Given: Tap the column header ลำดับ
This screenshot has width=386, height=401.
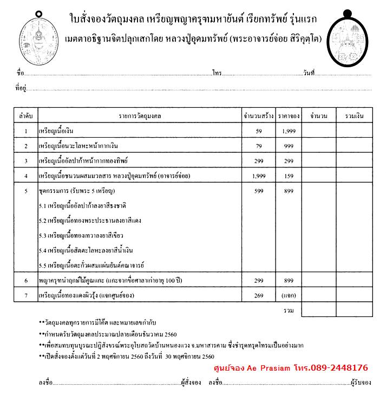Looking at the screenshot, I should [25, 116].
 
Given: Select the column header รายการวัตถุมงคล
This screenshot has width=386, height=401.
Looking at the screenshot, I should [140, 116].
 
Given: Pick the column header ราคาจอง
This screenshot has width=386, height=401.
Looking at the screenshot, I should [289, 116].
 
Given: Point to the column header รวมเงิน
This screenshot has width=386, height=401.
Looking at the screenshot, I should [354, 116].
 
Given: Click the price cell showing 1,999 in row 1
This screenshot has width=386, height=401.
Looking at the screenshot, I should [289, 131].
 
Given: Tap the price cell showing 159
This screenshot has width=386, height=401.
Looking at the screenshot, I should [289, 176].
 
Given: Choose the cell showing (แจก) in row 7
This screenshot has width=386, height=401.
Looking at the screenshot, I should [289, 295].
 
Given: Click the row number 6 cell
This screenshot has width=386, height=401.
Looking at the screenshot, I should [25, 281].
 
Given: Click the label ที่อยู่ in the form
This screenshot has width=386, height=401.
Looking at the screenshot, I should [21, 88].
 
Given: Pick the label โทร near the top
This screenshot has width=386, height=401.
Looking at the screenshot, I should [217, 72].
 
